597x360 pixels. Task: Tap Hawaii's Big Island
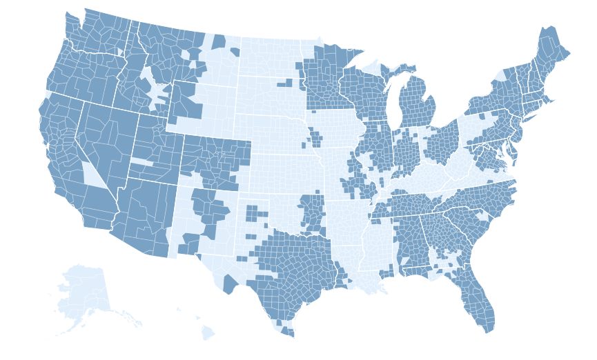pyautogui.click(x=208, y=334)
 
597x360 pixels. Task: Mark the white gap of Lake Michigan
pyautogui.click(x=391, y=103)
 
